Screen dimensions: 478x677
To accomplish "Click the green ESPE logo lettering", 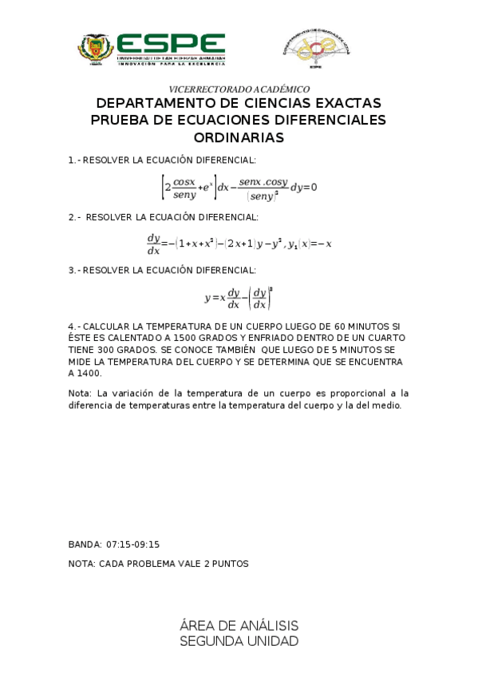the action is pyautogui.click(x=171, y=44).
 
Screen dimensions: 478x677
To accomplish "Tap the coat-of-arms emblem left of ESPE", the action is pyautogui.click(x=96, y=49).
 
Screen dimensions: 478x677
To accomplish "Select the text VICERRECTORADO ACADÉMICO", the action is pyautogui.click(x=239, y=89).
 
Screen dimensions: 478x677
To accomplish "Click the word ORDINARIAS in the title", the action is pyautogui.click(x=239, y=137).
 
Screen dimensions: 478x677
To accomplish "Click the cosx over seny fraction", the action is pyautogui.click(x=184, y=188).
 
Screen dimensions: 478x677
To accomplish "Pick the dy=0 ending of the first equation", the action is pyautogui.click(x=303, y=188).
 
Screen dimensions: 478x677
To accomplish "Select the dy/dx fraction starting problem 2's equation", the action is pyautogui.click(x=153, y=243).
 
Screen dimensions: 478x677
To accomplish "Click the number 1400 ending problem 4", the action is pyautogui.click(x=89, y=373).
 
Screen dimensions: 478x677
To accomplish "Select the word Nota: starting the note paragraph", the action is pyautogui.click(x=80, y=393).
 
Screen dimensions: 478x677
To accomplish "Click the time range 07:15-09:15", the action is pyautogui.click(x=132, y=544).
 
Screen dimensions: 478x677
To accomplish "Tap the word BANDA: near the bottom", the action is pyautogui.click(x=85, y=544).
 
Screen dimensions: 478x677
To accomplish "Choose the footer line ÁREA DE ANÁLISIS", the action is pyautogui.click(x=239, y=625).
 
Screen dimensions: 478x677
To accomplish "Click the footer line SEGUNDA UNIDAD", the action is pyautogui.click(x=239, y=641).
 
